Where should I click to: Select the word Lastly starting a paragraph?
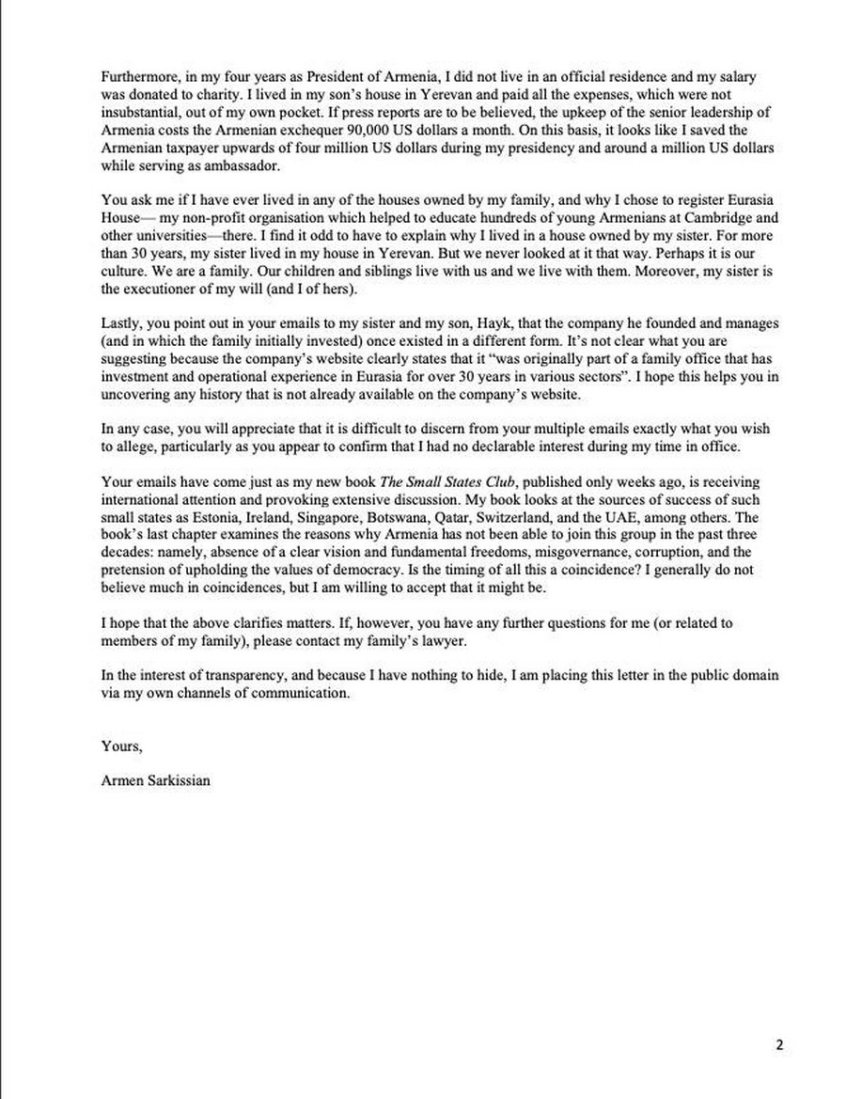(119, 323)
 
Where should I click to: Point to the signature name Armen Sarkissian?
(155, 779)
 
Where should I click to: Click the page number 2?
(778, 1044)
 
